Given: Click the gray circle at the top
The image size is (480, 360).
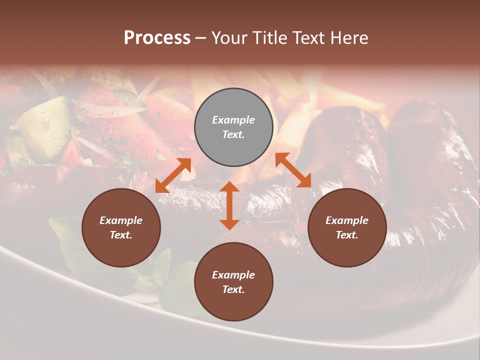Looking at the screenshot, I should [233, 127].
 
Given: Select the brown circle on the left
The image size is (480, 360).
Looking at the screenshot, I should [121, 227].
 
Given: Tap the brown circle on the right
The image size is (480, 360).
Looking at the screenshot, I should [347, 227].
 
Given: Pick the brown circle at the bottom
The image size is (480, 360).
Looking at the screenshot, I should [233, 282].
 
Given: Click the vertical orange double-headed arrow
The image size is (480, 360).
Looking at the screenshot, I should [229, 205].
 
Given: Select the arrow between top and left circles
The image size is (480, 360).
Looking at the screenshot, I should [173, 175].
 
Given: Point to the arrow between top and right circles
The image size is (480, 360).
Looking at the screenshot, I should [293, 170].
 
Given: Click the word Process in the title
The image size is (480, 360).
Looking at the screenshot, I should [157, 37].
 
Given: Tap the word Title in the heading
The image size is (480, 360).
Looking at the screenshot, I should [269, 37].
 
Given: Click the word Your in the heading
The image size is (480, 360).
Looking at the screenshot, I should [230, 37].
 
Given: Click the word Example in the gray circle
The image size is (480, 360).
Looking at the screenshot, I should [233, 120].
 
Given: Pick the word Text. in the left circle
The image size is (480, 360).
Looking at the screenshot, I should [121, 235].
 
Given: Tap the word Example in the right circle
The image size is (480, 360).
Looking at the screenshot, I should [347, 220].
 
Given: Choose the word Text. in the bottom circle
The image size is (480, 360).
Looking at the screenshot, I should [233, 289].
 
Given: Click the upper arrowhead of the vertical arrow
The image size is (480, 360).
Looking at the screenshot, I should [229, 188].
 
